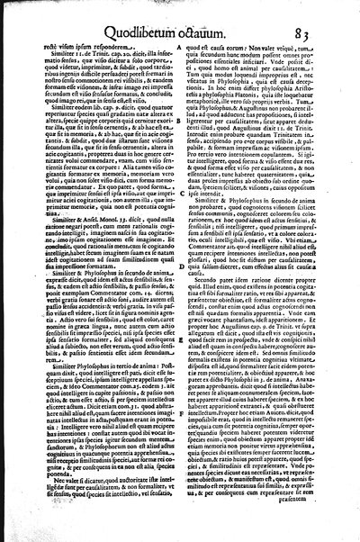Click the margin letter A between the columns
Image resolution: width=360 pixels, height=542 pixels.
tap(183, 96)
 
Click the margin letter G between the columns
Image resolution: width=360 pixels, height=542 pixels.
tap(183, 492)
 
